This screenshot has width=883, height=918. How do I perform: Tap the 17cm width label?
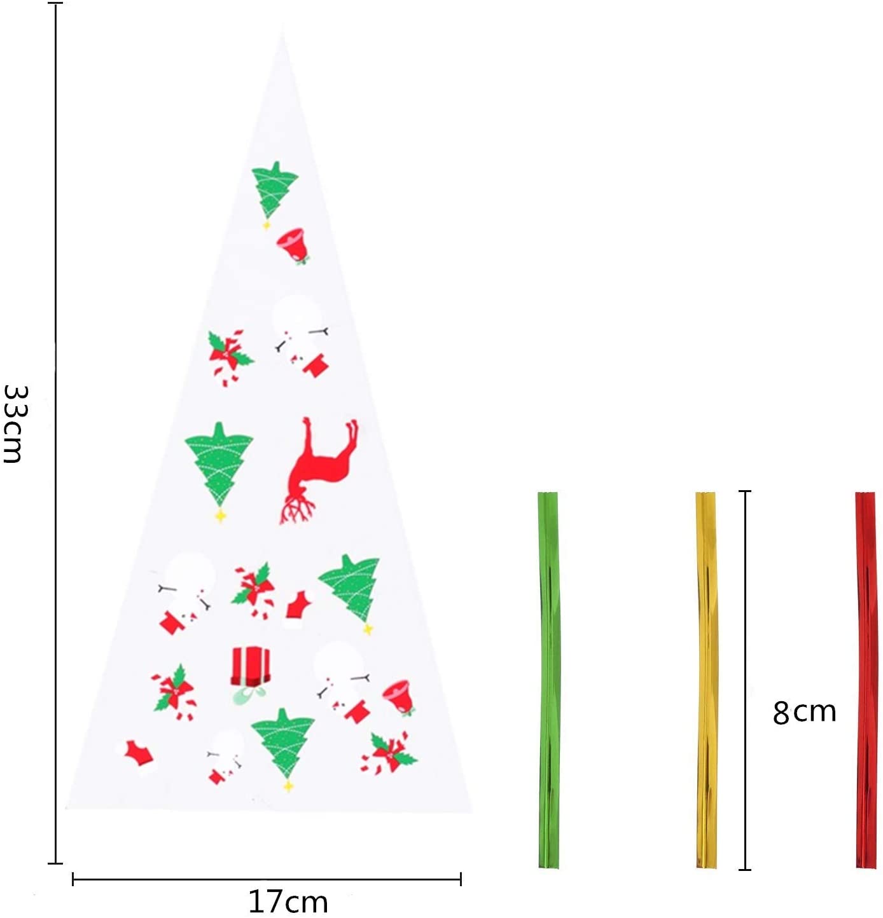coord(288,901)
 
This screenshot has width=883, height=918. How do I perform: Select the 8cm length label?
coord(803,712)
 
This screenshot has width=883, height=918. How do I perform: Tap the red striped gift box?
coord(251,666)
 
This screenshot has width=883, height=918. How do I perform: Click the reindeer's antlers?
coord(297,509)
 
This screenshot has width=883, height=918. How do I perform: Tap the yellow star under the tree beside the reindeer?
coord(220,516)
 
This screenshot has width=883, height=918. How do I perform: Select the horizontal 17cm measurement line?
coord(267,879)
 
